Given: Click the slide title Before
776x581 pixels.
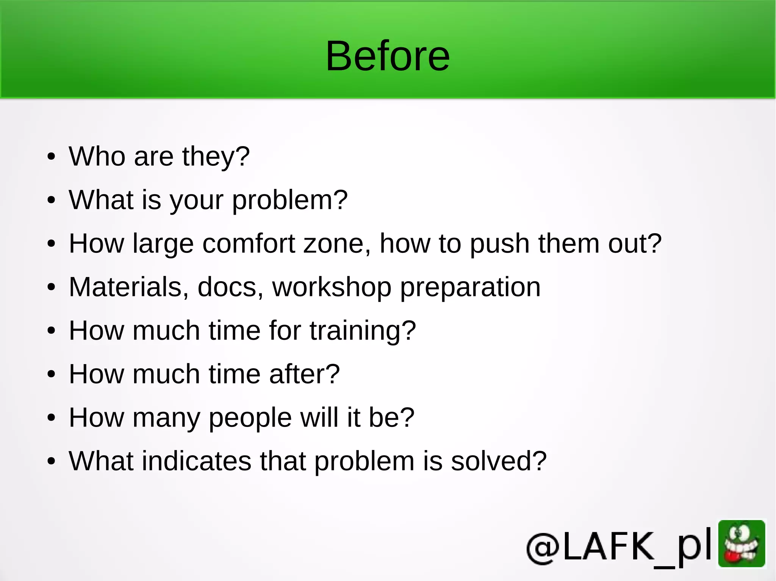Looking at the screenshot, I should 388,56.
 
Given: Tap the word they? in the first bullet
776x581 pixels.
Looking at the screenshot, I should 216,157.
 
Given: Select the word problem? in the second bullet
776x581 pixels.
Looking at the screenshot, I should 289,200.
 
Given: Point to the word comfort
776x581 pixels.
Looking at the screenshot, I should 249,243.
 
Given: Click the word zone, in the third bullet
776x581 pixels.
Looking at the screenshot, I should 337,243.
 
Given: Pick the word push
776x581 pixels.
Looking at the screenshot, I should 500,244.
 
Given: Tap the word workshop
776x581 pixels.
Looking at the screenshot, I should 332,287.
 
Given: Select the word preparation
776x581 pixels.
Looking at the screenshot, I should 470,288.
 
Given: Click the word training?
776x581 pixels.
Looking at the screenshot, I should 363,331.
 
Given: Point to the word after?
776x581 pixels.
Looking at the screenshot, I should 304,374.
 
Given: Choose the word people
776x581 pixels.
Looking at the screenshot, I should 250,418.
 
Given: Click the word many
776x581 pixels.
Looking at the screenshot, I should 166,418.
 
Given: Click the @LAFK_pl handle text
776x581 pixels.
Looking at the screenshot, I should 619,547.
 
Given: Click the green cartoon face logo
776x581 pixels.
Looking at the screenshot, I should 742,544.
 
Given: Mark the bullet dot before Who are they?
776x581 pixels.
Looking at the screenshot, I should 52,157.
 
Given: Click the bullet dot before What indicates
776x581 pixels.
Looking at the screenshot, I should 52,461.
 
